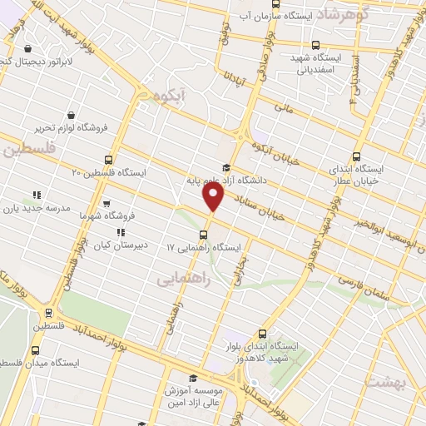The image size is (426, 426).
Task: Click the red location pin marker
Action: tap(214, 196)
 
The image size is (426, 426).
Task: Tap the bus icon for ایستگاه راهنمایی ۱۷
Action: tap(205, 234)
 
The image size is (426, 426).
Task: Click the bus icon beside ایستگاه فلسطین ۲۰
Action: tap(109, 160)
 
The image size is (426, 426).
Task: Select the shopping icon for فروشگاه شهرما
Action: tap(106, 202)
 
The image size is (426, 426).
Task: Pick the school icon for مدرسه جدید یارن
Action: tap(37, 195)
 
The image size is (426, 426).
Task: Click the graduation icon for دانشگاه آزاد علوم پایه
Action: tap(227, 168)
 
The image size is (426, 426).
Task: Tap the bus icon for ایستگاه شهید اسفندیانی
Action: tap(315, 46)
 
